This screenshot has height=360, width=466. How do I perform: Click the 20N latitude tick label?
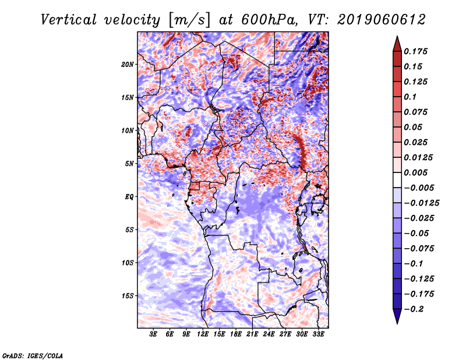click(x=128, y=65)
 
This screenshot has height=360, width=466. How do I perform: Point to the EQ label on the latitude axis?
click(x=129, y=197)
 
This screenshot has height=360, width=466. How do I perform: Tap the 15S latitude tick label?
click(x=128, y=296)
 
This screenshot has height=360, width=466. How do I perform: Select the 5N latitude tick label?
click(x=129, y=164)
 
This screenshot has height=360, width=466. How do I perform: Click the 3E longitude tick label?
click(x=153, y=334)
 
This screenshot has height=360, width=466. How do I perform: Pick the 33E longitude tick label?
click(x=318, y=334)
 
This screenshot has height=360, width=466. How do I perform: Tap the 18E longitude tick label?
click(x=236, y=334)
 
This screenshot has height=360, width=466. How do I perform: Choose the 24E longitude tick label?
click(x=269, y=334)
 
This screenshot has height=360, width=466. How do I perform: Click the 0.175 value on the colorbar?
click(x=415, y=51)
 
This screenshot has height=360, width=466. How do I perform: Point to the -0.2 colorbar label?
click(x=414, y=309)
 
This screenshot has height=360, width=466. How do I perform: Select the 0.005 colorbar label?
click(x=415, y=172)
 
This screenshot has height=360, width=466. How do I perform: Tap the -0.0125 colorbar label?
click(x=421, y=203)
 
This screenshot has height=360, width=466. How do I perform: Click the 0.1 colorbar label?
click(x=410, y=97)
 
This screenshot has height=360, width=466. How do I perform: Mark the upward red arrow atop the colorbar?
click(x=397, y=44)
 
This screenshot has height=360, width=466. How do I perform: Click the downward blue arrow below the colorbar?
click(x=397, y=316)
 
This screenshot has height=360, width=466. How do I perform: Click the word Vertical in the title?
click(x=69, y=20)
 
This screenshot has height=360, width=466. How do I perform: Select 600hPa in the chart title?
click(x=269, y=20)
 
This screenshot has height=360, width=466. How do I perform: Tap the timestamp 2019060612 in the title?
click(x=382, y=20)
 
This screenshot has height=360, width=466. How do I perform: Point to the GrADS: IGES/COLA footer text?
click(x=33, y=355)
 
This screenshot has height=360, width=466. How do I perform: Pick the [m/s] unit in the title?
click(x=189, y=20)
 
